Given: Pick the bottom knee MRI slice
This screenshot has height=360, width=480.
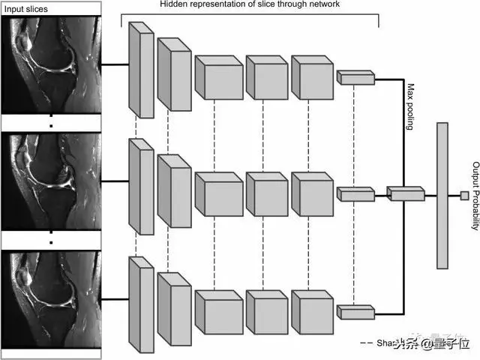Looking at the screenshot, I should (51, 295).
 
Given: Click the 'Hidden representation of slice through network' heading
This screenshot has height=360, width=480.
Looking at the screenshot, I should (249, 4).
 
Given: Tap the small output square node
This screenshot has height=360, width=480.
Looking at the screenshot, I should (464, 196).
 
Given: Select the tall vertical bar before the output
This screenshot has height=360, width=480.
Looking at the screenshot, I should (442, 196).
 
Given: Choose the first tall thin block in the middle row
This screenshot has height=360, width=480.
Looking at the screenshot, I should (141, 186).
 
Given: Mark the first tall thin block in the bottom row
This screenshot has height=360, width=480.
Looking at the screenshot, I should (141, 304).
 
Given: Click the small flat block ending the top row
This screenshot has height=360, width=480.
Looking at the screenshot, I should (355, 77).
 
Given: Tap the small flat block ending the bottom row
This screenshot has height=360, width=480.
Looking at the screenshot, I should (355, 311).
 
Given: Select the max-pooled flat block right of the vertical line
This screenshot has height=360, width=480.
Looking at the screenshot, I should (406, 194).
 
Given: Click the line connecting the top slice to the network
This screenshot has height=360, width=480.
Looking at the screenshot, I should (115, 64).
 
